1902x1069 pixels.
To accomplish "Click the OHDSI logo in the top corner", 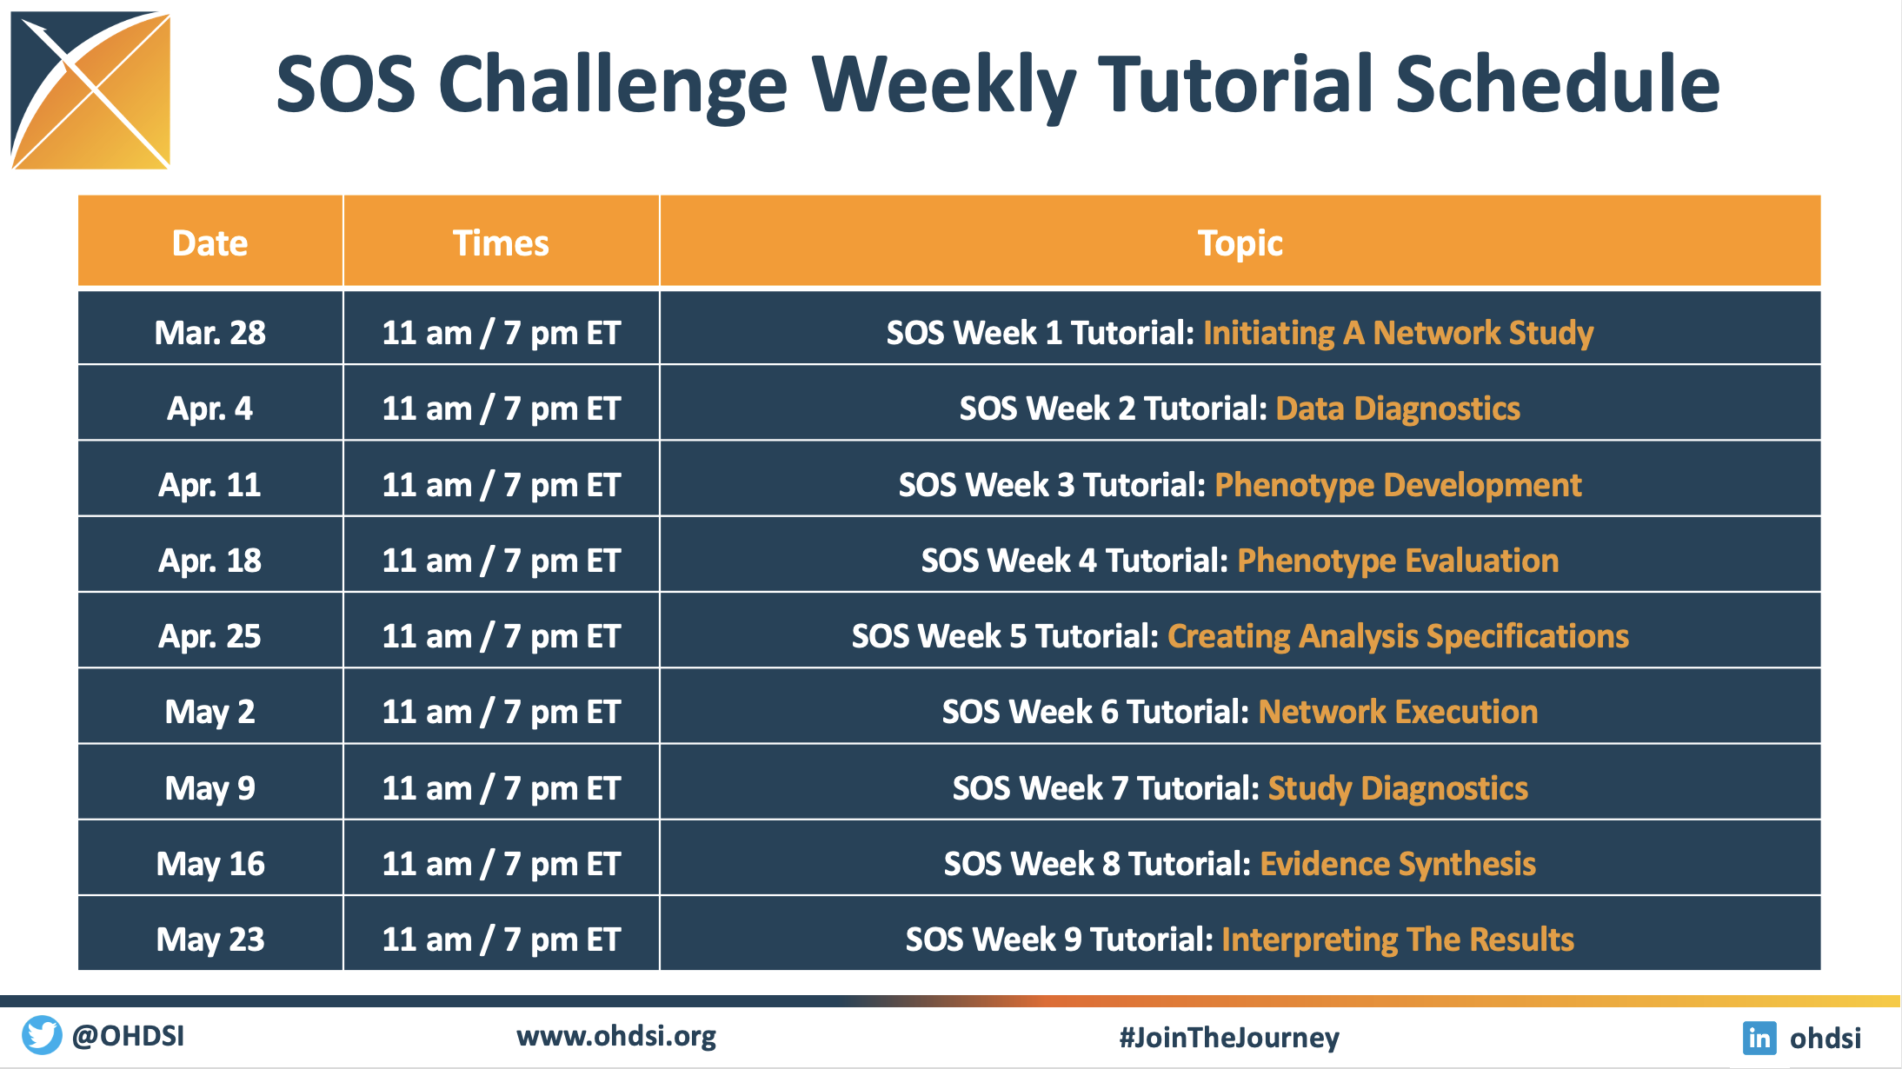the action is point(90,90).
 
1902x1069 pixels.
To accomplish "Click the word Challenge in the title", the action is point(613,85).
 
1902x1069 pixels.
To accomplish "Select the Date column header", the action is point(210,243).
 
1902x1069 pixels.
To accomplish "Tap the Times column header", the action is point(501,243).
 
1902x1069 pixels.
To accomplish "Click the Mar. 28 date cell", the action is point(210,333).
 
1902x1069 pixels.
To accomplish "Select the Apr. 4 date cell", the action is point(210,408).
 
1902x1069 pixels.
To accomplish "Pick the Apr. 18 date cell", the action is point(210,561).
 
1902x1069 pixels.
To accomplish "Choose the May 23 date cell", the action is point(210,940).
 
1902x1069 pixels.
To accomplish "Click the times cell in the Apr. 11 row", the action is point(502,485).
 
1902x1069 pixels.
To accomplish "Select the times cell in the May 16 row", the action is point(502,864).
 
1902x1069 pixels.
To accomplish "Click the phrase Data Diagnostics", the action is point(1398,408).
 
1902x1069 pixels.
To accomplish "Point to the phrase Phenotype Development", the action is point(1398,485).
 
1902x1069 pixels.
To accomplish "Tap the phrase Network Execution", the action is point(1398,712).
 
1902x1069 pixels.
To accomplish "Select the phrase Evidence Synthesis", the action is point(1398,864).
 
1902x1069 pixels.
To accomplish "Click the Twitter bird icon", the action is point(42,1035).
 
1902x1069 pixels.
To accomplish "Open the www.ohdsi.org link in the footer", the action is point(616,1037).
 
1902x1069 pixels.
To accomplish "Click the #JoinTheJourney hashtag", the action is point(1229,1037).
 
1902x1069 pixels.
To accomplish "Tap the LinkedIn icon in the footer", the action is point(1759,1038).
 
